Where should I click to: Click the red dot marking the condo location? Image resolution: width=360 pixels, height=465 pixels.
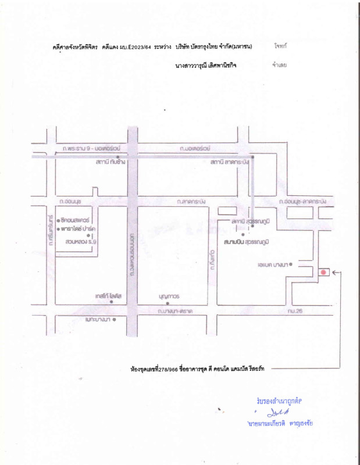tap(323, 272)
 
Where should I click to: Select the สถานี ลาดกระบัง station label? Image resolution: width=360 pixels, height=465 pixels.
tap(230, 162)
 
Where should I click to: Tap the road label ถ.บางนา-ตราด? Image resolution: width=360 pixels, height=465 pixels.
tap(175, 312)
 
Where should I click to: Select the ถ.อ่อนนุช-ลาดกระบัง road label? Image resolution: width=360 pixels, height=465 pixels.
tap(302, 201)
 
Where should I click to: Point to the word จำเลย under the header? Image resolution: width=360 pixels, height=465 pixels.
tap(279, 65)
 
